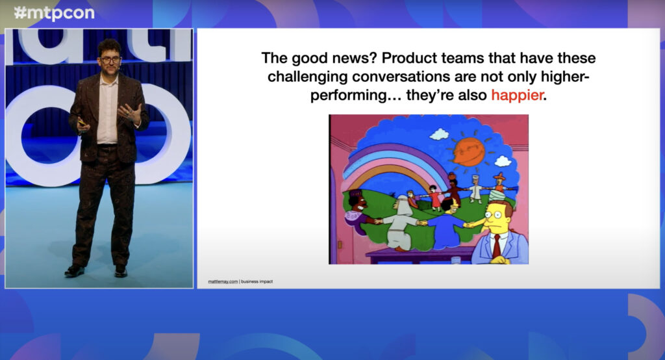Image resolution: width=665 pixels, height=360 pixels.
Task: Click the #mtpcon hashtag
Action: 55,13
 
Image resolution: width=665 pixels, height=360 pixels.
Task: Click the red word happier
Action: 517,95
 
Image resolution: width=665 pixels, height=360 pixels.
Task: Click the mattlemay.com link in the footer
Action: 223,281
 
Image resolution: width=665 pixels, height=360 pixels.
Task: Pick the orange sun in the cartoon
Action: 469,151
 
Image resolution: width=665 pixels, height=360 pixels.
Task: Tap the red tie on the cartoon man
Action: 496,247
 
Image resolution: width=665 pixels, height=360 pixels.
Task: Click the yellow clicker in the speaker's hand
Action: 81,123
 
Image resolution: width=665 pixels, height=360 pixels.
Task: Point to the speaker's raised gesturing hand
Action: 130,112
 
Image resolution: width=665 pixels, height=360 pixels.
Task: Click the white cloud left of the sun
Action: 439,135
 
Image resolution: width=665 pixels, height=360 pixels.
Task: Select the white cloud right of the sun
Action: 503,161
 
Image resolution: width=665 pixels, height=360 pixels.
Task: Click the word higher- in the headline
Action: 565,77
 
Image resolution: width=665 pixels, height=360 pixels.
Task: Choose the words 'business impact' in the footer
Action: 257,281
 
